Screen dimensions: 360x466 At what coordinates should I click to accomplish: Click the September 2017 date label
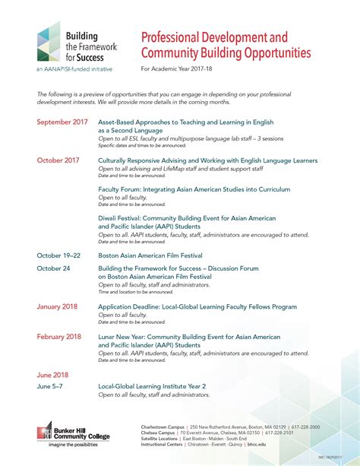click(62, 122)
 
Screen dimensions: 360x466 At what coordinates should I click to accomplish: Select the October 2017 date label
click(58, 160)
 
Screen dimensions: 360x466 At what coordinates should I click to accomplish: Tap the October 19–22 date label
click(59, 256)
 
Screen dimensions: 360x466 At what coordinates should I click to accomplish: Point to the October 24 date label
click(53, 268)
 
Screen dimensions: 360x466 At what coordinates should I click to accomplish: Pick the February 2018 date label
click(59, 336)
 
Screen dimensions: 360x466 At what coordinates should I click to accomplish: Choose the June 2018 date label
click(52, 375)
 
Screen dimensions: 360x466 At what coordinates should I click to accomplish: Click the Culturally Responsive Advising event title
click(207, 160)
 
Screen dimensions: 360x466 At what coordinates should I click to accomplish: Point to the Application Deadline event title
click(197, 306)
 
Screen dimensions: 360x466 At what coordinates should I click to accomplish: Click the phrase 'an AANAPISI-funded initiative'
click(74, 69)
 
